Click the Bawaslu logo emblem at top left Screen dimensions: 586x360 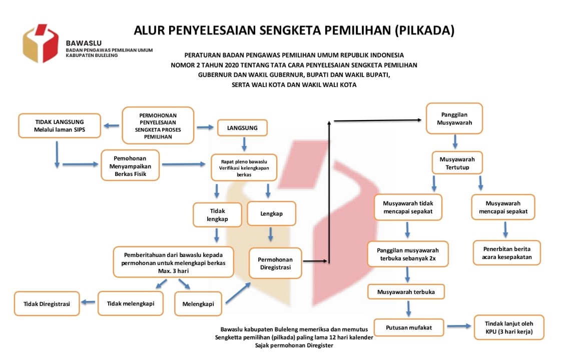pos(41,43)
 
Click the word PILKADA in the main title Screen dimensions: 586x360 pos(424,30)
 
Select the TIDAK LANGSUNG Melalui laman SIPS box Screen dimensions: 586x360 pos(60,126)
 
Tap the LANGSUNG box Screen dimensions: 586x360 pos(242,127)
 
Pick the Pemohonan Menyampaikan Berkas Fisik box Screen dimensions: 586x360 pos(130,165)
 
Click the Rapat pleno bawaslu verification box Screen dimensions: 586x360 pos(244,167)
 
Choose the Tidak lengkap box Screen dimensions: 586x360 pos(217,214)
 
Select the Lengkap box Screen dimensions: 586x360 pos(271,213)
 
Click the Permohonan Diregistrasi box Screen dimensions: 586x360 pos(275,263)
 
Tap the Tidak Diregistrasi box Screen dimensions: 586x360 pos(47,303)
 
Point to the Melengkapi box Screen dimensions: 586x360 pos(198,303)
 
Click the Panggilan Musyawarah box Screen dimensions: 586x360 pos(454,118)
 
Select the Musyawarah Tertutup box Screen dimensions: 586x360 pos(457,163)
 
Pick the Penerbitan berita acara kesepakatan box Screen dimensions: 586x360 pos(506,253)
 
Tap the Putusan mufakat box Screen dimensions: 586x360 pos(408,327)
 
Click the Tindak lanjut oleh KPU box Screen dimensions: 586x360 pos(508,327)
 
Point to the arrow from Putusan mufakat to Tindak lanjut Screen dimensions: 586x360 pos(459,326)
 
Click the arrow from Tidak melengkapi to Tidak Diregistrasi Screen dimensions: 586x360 pos(89,302)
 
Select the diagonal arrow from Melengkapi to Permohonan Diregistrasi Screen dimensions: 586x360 pos(238,293)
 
